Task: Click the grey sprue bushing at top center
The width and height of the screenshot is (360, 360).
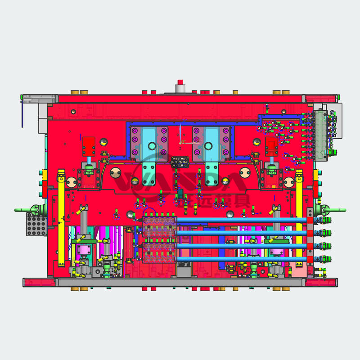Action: click(180, 87)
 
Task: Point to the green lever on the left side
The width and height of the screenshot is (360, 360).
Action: click(25, 210)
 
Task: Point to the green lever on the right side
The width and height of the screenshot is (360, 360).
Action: click(335, 210)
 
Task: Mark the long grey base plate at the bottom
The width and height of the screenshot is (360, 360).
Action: click(180, 282)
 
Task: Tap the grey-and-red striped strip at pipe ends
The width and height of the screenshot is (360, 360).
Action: click(310, 238)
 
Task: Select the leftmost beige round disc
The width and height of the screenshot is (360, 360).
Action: click(71, 182)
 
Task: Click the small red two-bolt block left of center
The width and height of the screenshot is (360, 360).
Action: click(89, 145)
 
